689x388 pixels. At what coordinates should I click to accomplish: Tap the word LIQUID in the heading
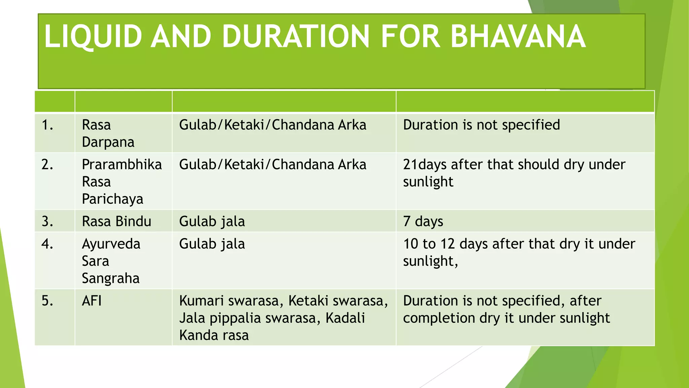click(x=93, y=36)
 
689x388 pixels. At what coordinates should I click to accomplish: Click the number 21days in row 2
click(x=425, y=165)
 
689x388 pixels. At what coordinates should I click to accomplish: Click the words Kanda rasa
click(x=214, y=335)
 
